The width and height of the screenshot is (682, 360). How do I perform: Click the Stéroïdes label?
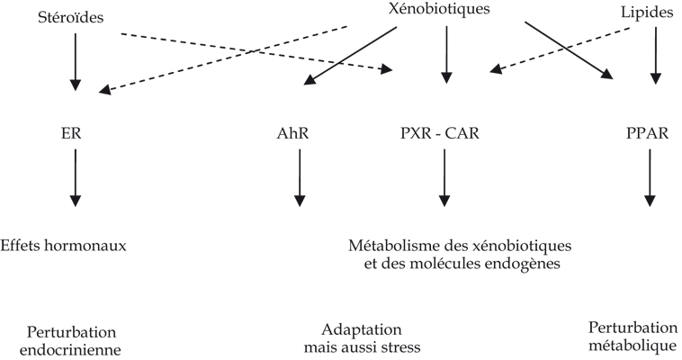click(x=71, y=17)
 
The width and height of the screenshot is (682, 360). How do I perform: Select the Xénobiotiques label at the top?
click(x=439, y=9)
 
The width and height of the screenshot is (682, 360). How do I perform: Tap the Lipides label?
click(x=647, y=13)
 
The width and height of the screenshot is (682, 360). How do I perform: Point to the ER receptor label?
click(x=71, y=133)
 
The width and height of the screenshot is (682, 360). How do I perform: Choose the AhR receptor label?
click(x=292, y=133)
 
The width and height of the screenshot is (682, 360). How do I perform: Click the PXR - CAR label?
click(x=440, y=133)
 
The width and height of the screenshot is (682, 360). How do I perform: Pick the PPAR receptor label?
click(x=647, y=133)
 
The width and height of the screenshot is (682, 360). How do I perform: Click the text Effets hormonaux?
click(x=63, y=246)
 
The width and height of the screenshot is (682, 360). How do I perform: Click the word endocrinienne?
click(x=70, y=349)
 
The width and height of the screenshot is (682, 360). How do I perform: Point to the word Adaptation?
click(x=362, y=330)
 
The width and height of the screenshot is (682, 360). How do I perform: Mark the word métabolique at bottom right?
click(x=633, y=346)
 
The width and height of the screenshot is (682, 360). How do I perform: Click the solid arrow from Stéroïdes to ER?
click(x=76, y=62)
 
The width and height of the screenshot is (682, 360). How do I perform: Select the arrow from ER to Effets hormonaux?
click(x=76, y=177)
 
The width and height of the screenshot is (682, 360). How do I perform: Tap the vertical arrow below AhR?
click(x=300, y=177)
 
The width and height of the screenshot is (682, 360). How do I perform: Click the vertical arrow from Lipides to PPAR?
click(x=656, y=55)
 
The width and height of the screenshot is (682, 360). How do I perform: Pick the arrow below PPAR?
click(x=650, y=177)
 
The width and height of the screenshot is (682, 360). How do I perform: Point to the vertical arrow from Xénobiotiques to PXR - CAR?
click(x=446, y=55)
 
